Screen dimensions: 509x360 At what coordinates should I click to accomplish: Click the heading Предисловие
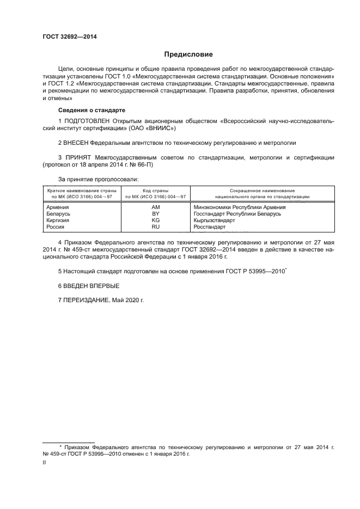coord(188,54)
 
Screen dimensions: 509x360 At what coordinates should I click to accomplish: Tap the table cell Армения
coord(58,207)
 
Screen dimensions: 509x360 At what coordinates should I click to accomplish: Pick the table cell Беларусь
coord(59,214)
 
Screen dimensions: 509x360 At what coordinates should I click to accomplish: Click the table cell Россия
coord(57,227)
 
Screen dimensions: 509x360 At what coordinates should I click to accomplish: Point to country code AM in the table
coord(155,207)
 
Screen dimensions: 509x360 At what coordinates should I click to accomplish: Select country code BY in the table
coord(155,214)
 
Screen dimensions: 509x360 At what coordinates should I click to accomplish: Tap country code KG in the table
coord(155,220)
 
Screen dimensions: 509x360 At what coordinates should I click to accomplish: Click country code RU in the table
coord(155,227)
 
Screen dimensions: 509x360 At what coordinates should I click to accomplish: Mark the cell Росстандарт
coord(209,227)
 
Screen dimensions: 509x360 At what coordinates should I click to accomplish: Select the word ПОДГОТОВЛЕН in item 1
coord(86,120)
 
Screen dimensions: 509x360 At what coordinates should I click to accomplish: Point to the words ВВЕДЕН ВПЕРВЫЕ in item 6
coord(90,286)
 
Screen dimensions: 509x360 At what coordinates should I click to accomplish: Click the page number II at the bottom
coord(45,462)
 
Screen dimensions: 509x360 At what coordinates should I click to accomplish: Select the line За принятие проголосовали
coord(98,179)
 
